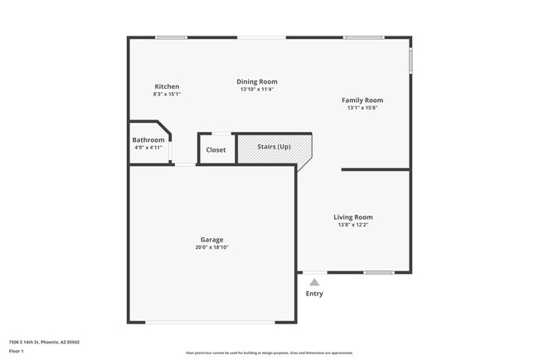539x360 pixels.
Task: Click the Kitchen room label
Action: pyautogui.click(x=167, y=86)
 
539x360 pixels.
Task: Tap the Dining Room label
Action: pyautogui.click(x=257, y=81)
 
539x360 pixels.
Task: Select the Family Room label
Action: pyautogui.click(x=362, y=100)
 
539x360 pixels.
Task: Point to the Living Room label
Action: pyautogui.click(x=353, y=217)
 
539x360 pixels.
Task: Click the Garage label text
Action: pyautogui.click(x=211, y=240)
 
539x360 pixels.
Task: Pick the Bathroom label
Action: pyautogui.click(x=148, y=140)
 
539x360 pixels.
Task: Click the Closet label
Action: pyautogui.click(x=216, y=150)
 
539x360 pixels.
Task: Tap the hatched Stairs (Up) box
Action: pyautogui.click(x=274, y=148)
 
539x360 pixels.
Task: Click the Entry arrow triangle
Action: pyautogui.click(x=314, y=283)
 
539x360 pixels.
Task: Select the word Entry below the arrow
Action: pyautogui.click(x=314, y=294)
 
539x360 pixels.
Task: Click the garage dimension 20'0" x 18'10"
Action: pyautogui.click(x=211, y=247)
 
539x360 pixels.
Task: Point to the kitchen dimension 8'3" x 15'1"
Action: pyautogui.click(x=167, y=95)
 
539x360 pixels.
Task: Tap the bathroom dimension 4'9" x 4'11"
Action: pyautogui.click(x=148, y=148)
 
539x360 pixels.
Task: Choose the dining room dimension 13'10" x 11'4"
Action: pyautogui.click(x=257, y=90)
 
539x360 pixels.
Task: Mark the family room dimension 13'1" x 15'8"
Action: pyautogui.click(x=362, y=109)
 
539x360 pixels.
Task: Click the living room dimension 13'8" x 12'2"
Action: pyautogui.click(x=353, y=225)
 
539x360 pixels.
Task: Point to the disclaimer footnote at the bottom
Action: pyautogui.click(x=269, y=352)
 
